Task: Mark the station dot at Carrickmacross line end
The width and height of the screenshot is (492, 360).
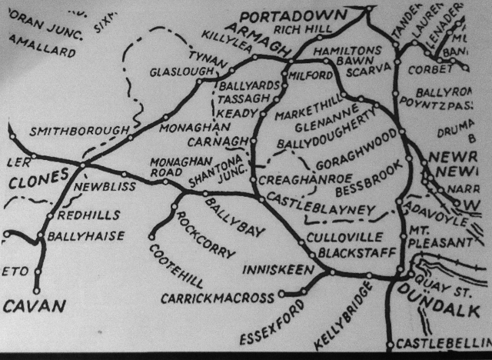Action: coord(282,293)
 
